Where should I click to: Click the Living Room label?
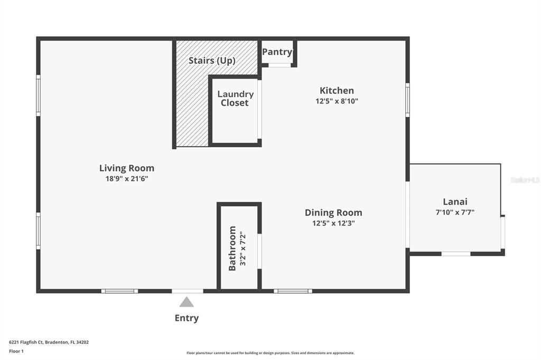pos(127,168)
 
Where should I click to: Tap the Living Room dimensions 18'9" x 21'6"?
pos(127,178)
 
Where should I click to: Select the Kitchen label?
pos(337,90)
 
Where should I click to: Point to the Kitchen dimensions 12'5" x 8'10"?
pos(337,101)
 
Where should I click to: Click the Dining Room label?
pos(333,213)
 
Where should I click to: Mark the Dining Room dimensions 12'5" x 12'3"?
pos(333,223)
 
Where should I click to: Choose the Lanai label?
pos(455,202)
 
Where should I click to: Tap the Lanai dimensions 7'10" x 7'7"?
pos(455,212)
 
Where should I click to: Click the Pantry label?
pos(277,52)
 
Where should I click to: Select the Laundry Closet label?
pos(235,99)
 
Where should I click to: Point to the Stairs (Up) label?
pos(212,61)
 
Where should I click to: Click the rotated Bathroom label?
pos(232,248)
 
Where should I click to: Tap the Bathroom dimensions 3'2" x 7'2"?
pos(243,248)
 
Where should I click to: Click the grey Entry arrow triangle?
pos(186,302)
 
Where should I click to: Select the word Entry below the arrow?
pos(186,318)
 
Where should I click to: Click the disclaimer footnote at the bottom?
pos(270,353)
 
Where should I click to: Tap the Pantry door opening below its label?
pos(279,65)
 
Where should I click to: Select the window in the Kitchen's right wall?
pos(407,100)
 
